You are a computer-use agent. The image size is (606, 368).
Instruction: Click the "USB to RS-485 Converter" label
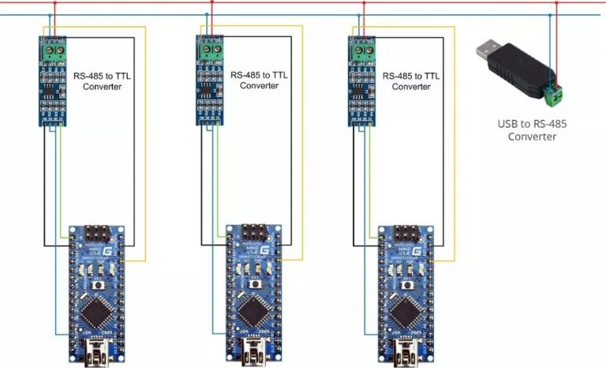532,130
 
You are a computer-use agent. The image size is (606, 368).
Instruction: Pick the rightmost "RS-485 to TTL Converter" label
411,81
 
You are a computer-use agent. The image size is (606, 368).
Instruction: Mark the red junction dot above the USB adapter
557,2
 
